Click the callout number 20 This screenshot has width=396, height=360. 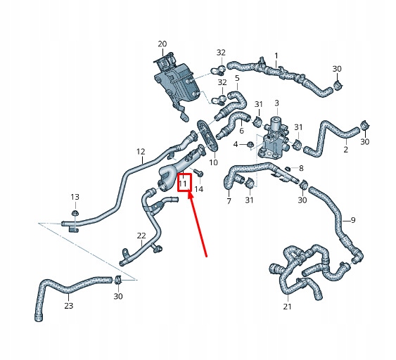(162, 44)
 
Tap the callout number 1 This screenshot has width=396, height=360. (276, 56)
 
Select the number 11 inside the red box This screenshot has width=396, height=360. (183, 184)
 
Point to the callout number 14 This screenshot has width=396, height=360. (199, 189)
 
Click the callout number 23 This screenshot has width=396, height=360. (69, 306)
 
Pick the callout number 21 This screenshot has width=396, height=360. (287, 307)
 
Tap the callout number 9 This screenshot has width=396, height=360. (353, 220)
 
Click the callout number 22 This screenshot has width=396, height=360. (141, 236)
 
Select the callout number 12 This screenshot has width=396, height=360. (141, 152)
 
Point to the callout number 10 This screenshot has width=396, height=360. (213, 162)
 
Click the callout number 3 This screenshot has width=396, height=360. (277, 103)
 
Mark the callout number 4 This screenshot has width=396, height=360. (236, 144)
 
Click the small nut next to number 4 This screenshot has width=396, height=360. (250, 145)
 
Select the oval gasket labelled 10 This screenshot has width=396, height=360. (207, 136)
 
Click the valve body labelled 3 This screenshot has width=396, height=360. (273, 139)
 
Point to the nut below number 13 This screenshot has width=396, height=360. (75, 213)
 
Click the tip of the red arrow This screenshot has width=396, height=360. (189, 193)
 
